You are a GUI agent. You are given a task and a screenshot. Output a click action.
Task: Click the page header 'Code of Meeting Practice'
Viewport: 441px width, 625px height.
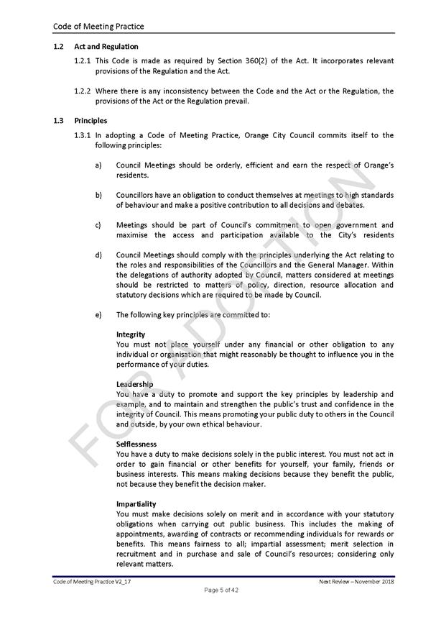click(x=98, y=27)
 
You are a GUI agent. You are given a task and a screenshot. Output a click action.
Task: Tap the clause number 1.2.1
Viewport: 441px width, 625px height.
click(x=83, y=61)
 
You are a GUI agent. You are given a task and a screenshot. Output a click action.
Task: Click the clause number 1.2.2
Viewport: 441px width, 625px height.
click(x=83, y=91)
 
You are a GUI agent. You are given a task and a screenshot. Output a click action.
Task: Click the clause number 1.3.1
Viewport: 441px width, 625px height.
click(x=83, y=134)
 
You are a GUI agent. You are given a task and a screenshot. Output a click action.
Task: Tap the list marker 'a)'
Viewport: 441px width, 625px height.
click(x=98, y=165)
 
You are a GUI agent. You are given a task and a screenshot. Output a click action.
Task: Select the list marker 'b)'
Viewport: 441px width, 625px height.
click(x=98, y=195)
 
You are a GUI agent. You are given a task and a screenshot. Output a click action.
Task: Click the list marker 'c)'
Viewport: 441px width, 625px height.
click(x=98, y=225)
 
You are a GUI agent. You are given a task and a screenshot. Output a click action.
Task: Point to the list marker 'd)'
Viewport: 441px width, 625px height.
click(x=98, y=255)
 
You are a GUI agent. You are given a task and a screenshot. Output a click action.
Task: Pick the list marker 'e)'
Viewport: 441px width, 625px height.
click(x=98, y=314)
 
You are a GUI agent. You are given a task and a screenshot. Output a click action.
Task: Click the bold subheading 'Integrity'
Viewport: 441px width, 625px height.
click(x=131, y=334)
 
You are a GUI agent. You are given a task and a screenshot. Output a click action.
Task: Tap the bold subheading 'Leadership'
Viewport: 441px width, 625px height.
click(x=134, y=384)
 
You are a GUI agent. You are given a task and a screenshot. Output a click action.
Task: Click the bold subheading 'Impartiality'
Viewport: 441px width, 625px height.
click(x=136, y=503)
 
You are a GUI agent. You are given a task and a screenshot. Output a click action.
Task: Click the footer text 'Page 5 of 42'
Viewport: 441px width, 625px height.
click(x=220, y=590)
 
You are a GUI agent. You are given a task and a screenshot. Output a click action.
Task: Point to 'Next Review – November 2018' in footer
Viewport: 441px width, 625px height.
click(x=356, y=580)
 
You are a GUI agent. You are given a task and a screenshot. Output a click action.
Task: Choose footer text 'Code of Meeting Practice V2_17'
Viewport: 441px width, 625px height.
click(x=92, y=580)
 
